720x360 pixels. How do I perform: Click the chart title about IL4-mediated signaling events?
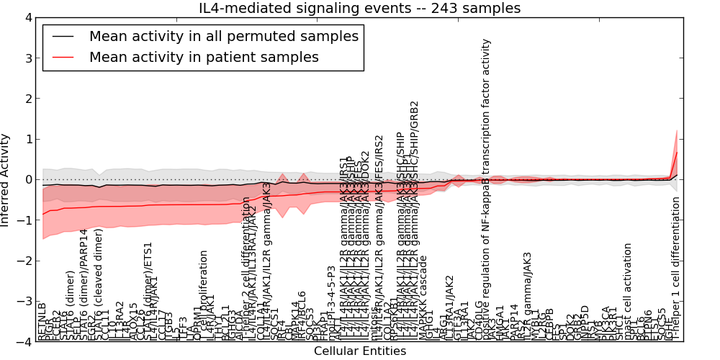[360, 8]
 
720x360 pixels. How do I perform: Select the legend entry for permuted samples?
[223, 36]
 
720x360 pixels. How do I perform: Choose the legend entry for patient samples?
[204, 57]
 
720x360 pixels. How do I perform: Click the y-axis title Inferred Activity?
[6, 180]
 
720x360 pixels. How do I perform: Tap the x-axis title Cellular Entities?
[360, 351]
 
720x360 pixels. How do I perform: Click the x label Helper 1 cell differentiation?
[675, 269]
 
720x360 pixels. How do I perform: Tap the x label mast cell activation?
[628, 291]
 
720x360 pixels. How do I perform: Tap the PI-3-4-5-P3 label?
[332, 302]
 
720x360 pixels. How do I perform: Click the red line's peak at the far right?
[677, 152]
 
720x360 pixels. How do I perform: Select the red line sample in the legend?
[63, 57]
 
